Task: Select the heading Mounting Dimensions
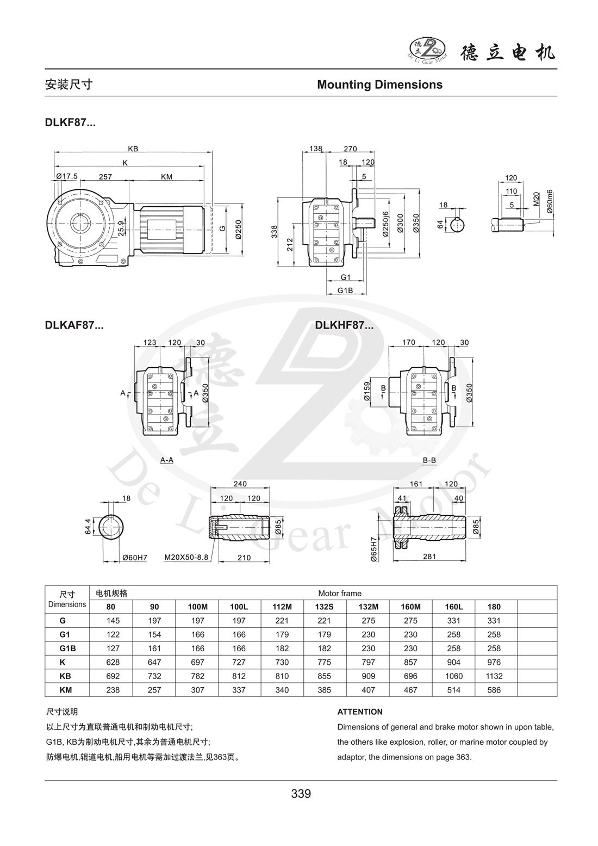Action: point(379,85)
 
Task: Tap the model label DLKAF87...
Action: point(74,326)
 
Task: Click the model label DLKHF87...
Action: point(344,326)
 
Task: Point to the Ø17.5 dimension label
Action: point(67,176)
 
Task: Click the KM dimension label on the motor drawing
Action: point(167,176)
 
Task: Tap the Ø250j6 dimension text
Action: point(385,224)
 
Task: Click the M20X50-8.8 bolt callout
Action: point(186,557)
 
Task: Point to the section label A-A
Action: point(166,460)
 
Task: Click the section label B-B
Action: point(429,460)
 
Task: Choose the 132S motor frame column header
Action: point(325,607)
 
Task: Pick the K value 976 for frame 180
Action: point(494,662)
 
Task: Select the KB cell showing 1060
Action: point(453,676)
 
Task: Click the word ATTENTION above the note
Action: point(360,712)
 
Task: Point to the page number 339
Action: point(301,794)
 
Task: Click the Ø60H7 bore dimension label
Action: point(134,558)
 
